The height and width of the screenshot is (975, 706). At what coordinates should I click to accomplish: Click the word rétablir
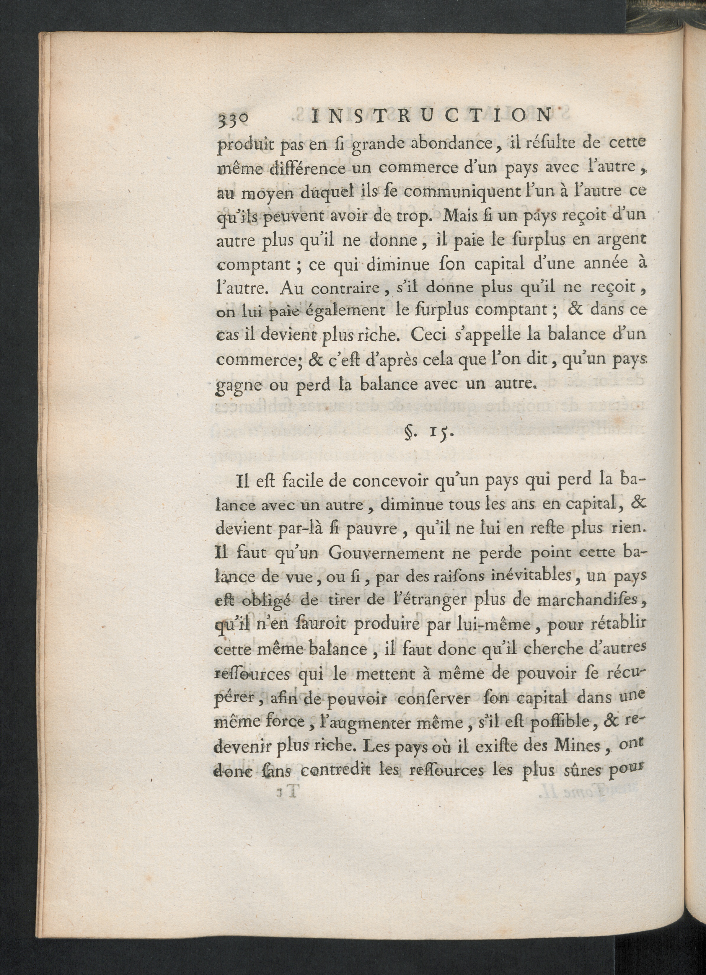tap(617, 624)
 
